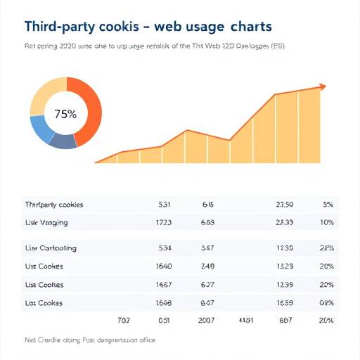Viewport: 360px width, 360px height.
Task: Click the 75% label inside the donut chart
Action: [x=65, y=113]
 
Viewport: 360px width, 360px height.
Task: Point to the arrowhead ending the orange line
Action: [x=323, y=86]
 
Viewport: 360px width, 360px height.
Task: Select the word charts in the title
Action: [x=249, y=27]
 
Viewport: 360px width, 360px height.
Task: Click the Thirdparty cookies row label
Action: [x=54, y=205]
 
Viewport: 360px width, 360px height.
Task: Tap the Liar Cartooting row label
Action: [x=51, y=248]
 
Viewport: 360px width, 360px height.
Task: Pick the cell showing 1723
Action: [x=163, y=222]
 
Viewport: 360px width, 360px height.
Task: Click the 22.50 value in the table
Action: [x=285, y=205]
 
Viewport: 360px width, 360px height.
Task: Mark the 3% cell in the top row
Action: [x=327, y=205]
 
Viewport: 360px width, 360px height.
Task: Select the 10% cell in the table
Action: [x=326, y=222]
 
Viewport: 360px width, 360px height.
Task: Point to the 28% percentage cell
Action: [x=326, y=248]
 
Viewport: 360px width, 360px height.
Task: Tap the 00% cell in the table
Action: [x=326, y=303]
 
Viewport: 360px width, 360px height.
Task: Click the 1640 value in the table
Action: [x=163, y=266]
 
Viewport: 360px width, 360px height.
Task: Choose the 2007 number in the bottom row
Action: [x=207, y=320]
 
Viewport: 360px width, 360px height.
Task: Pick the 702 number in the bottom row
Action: [x=123, y=320]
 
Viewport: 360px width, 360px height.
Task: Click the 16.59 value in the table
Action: [x=285, y=303]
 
